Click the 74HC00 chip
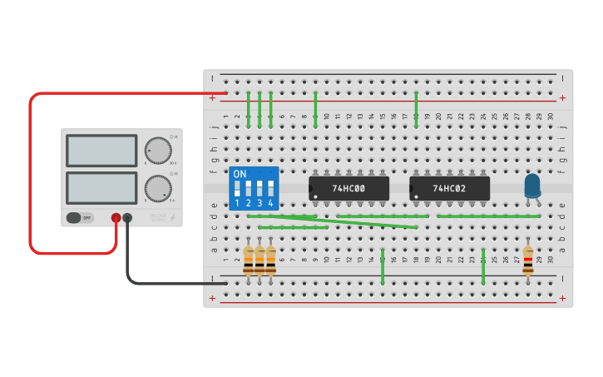pyautogui.click(x=348, y=188)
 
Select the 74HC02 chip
pyautogui.click(x=449, y=188)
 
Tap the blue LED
pyautogui.click(x=532, y=185)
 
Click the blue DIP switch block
pyautogui.click(x=254, y=188)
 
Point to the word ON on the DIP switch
pyautogui.click(x=240, y=174)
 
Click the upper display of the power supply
pyautogui.click(x=101, y=151)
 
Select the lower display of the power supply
pyautogui.click(x=101, y=188)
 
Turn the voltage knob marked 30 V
pyautogui.click(x=157, y=151)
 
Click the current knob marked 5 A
pyautogui.click(x=157, y=188)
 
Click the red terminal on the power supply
pyautogui.click(x=116, y=218)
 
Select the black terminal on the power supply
pyautogui.click(x=127, y=218)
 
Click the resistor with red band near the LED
pyautogui.click(x=528, y=260)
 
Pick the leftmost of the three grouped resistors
pyautogui.click(x=248, y=260)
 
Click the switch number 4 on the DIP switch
pyautogui.click(x=270, y=188)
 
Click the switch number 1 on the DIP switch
pyautogui.click(x=237, y=188)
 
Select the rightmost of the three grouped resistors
pyautogui.click(x=270, y=260)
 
